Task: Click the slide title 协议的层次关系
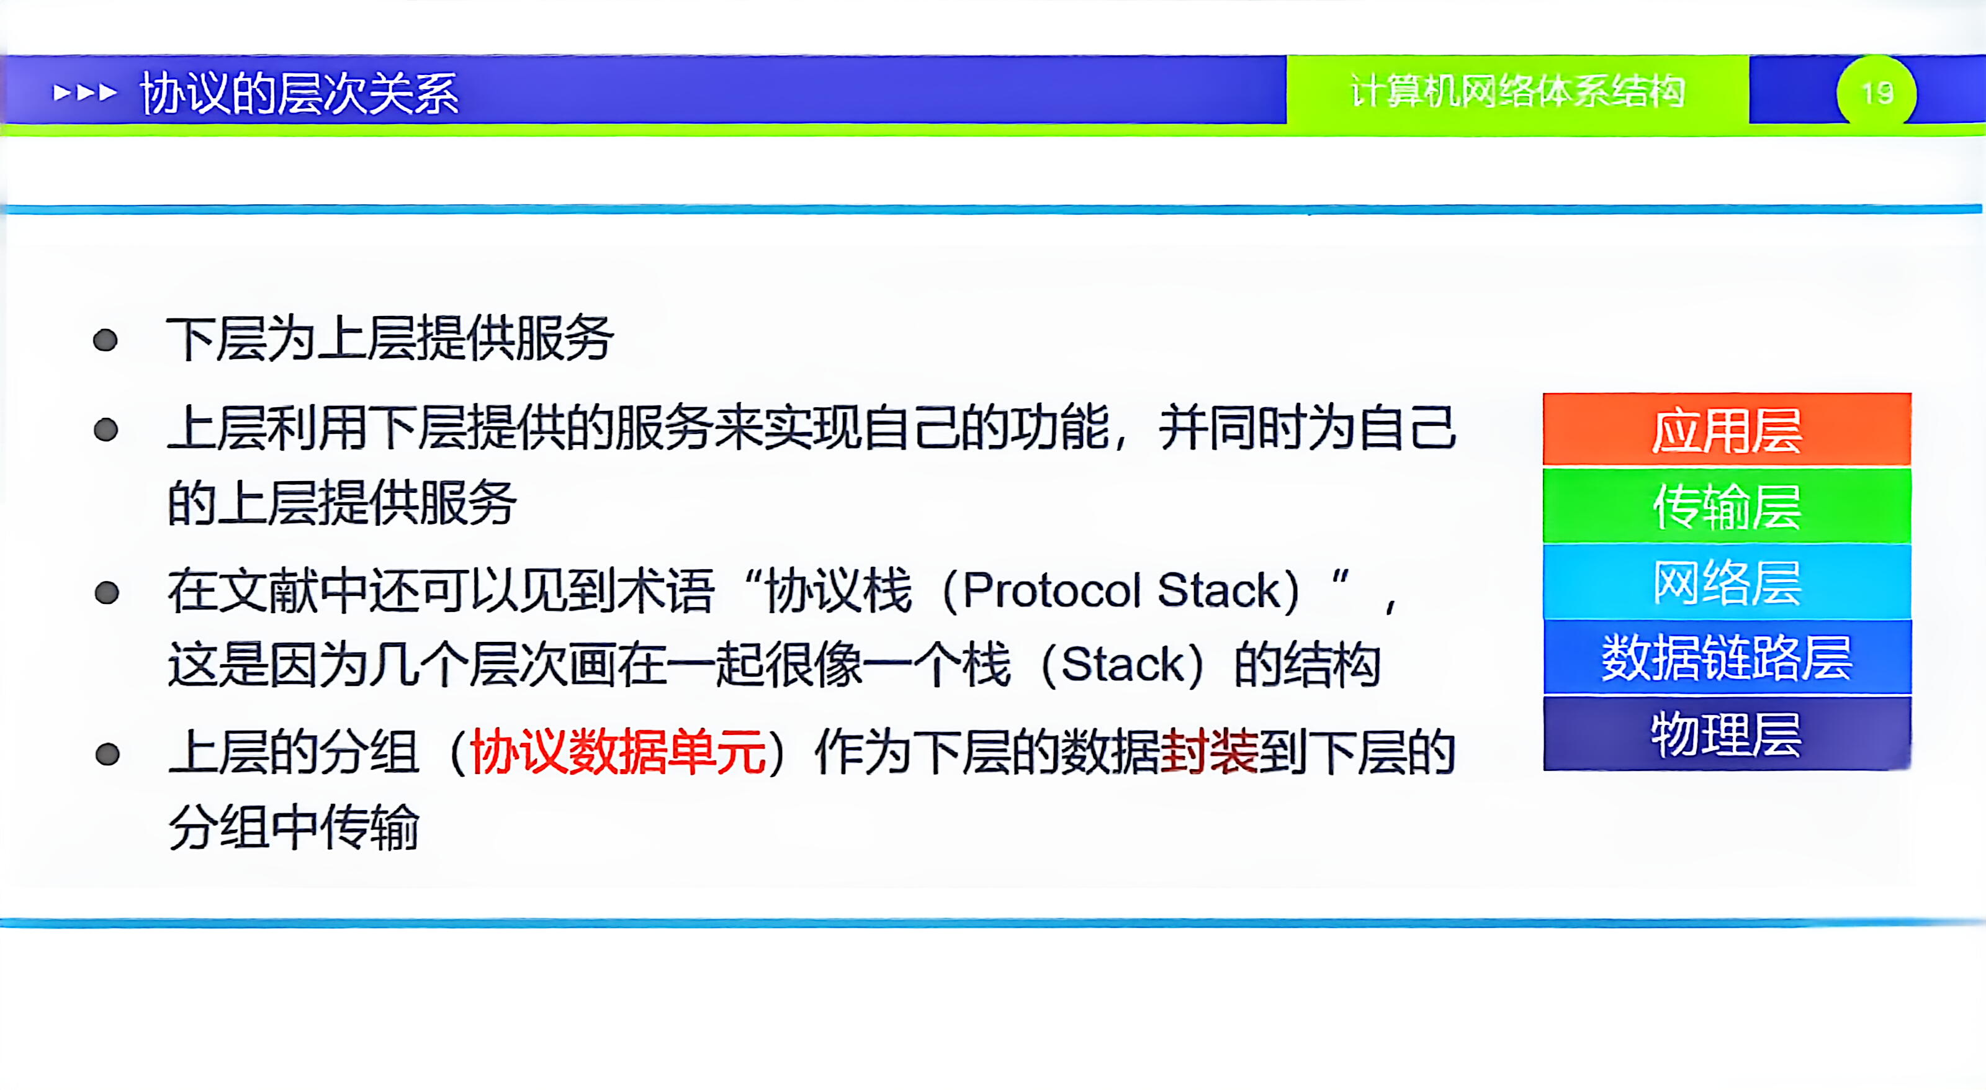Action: (299, 93)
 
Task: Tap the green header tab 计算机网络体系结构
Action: (1517, 92)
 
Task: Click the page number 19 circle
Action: (1877, 93)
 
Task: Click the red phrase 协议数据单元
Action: (618, 752)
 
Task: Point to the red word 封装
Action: (1208, 752)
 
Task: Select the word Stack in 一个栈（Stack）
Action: (1121, 664)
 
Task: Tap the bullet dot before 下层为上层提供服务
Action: (105, 340)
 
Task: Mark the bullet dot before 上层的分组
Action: (107, 754)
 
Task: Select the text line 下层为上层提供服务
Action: (389, 339)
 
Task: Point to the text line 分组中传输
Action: (293, 827)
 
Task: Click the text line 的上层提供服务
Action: (341, 503)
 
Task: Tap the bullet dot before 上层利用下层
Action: (106, 430)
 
